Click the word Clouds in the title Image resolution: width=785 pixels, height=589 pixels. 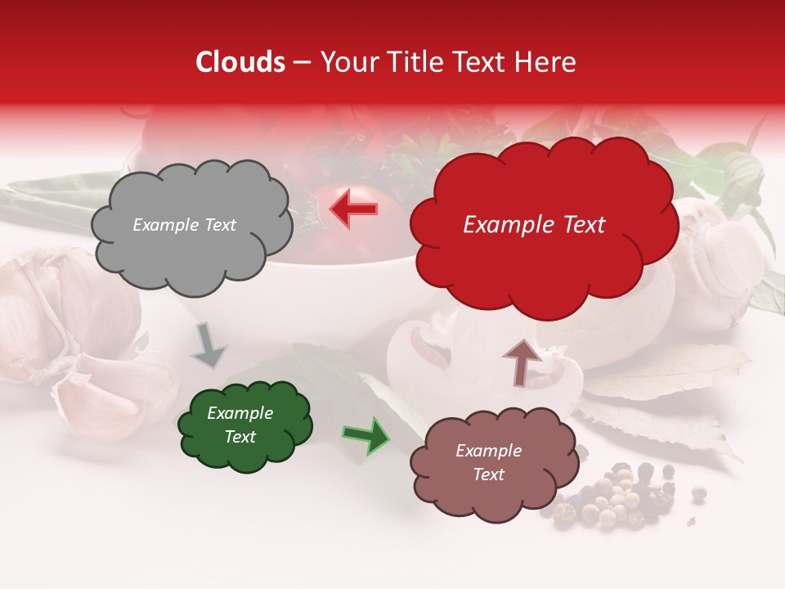point(240,62)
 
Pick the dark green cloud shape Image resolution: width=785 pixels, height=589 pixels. point(244,425)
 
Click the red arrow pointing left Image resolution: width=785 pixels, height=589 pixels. point(354,209)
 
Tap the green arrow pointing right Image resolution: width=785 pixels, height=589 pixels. point(366,435)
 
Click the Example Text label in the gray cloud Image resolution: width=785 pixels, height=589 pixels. point(184,225)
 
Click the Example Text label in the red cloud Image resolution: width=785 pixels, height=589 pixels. point(534,225)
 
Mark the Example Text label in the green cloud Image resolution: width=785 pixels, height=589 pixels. point(240,425)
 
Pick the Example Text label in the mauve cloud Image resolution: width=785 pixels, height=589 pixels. point(488,462)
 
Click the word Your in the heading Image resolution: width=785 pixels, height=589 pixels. point(345,62)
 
